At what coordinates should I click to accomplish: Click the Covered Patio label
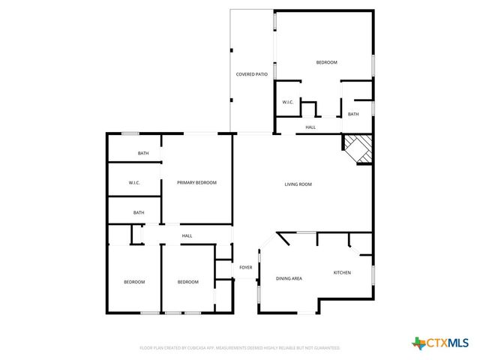point(252,74)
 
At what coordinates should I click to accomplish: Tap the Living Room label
point(298,184)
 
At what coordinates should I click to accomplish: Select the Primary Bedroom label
point(196,183)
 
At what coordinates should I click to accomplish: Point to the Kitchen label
point(342,272)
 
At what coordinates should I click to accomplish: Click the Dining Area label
point(289,278)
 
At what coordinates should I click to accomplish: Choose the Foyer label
point(245,267)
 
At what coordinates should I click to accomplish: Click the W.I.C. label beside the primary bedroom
point(134,183)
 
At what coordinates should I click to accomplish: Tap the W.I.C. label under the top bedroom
point(287,102)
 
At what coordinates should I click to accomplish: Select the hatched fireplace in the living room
point(358,146)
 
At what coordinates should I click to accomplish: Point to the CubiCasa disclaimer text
point(240,348)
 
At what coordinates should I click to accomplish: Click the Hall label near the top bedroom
point(310,127)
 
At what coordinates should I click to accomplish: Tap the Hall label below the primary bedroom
point(187,236)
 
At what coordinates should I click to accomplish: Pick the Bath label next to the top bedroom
point(353,114)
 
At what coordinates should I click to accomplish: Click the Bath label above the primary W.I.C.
point(142,154)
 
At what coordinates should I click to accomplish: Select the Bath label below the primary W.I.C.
point(139,212)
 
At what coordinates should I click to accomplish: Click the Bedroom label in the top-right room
point(326,62)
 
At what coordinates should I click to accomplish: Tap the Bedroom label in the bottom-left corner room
point(134,282)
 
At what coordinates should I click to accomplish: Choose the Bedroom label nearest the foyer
point(187,282)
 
